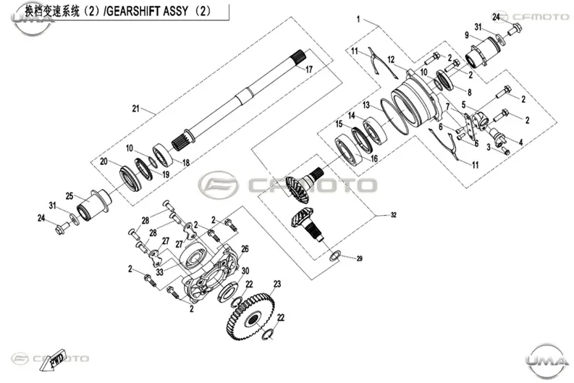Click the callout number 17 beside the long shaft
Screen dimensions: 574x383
pos(309,69)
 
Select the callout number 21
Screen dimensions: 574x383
pos(136,109)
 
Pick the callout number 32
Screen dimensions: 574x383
pos(394,215)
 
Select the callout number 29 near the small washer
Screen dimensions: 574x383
pos(360,258)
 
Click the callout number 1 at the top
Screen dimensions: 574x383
pos(358,19)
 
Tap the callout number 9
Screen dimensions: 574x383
pos(467,35)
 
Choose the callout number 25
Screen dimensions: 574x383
pos(69,196)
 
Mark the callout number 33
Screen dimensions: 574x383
pos(160,272)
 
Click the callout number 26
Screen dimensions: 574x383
pos(245,249)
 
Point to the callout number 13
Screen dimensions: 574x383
pos(366,106)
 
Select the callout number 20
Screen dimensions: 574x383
pos(104,161)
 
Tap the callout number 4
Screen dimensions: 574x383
pos(520,142)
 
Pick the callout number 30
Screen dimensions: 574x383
pos(245,271)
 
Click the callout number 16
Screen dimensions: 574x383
pos(374,158)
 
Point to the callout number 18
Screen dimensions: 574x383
pos(186,163)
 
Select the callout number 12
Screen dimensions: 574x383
pos(392,59)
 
